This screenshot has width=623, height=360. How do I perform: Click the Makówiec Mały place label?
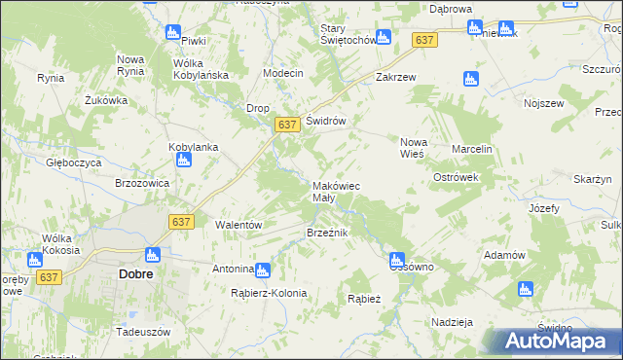pos(337,192)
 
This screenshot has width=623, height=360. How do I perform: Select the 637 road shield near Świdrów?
pos(286,126)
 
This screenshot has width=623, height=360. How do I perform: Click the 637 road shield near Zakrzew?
pos(423,40)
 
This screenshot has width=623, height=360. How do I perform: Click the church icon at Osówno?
pos(396,260)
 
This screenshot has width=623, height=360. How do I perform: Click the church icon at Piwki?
pos(173,32)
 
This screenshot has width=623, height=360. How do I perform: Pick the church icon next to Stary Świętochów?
pos(383,37)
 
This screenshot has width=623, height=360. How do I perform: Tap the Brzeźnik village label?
pos(327,233)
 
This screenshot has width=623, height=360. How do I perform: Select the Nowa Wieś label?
pos(413,148)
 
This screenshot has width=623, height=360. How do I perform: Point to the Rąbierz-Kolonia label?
pos(269,293)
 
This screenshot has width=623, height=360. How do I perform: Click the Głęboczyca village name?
pos(73,163)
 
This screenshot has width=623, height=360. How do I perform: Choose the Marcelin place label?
pos(472,149)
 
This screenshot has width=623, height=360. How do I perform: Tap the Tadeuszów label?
pos(142,331)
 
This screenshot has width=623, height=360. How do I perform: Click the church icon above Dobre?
pos(151,256)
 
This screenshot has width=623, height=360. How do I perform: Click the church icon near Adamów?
pos(526,289)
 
